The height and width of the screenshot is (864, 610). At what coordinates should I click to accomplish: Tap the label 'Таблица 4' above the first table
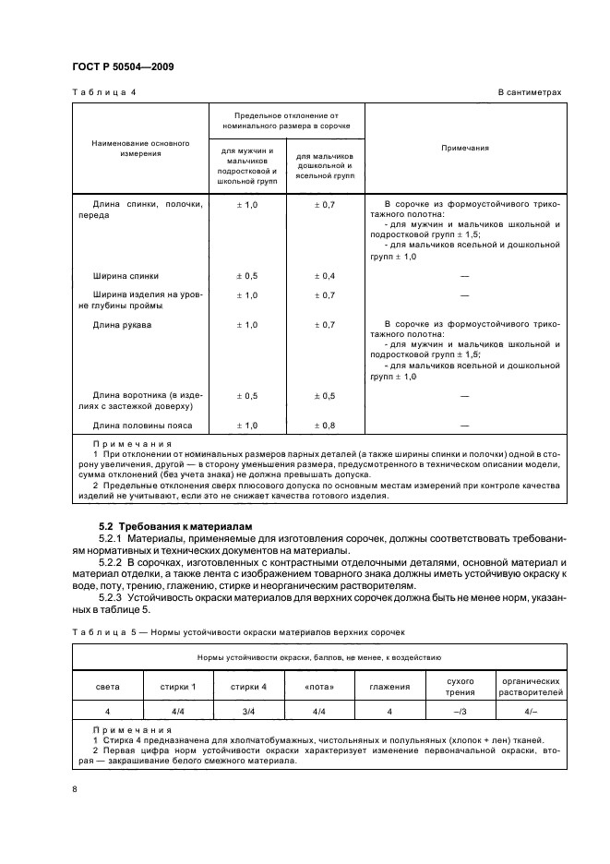click(97, 93)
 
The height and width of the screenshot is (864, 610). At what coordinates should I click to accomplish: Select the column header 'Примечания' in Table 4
click(464, 148)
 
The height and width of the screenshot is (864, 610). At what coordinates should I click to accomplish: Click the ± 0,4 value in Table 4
click(325, 275)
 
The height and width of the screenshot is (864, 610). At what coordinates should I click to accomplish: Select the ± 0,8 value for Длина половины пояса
click(325, 425)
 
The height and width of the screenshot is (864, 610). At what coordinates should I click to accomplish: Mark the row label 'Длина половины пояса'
click(140, 425)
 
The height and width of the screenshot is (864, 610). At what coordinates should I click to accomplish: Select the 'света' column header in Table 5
click(108, 686)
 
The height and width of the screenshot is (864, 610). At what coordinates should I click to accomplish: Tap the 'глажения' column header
click(389, 686)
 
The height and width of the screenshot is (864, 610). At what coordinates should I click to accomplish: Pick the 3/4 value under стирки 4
click(248, 712)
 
